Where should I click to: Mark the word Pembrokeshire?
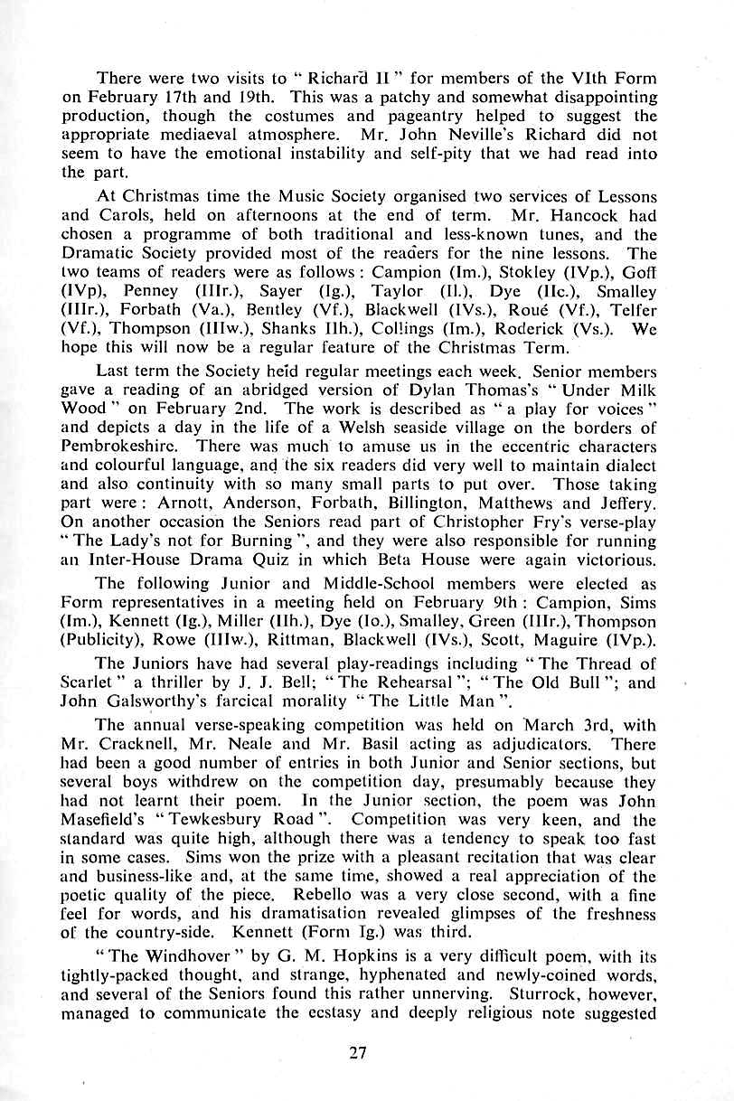click(x=122, y=446)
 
